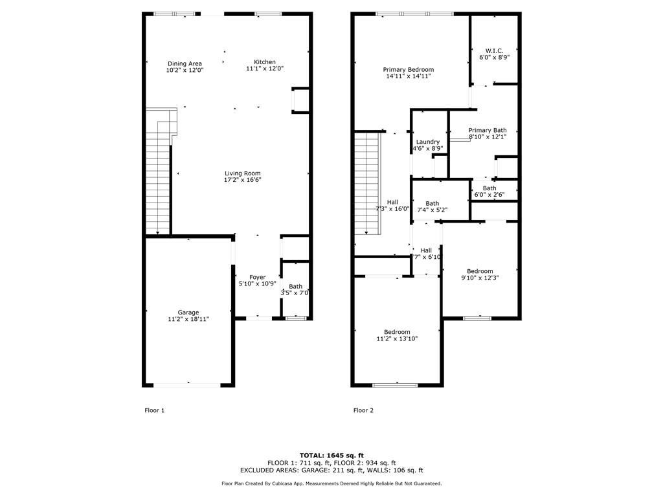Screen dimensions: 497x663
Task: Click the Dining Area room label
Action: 184,63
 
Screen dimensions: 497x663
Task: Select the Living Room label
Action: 243,173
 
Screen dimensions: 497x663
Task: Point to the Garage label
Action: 188,313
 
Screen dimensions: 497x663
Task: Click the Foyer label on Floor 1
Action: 257,277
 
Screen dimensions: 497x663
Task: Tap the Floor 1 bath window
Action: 296,317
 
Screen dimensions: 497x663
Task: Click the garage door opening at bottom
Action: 188,384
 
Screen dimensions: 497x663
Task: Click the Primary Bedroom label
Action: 408,69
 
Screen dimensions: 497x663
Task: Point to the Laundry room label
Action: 428,142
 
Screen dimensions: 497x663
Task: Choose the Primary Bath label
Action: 488,130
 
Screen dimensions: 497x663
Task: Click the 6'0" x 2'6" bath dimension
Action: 489,194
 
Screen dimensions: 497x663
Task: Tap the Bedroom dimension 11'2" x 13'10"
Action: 396,338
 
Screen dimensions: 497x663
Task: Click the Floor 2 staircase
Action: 366,184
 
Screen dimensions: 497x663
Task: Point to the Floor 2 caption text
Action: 363,410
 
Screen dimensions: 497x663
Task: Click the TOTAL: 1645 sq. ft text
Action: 331,455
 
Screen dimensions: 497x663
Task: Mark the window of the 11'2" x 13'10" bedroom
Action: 395,385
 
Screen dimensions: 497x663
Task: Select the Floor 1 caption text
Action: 154,410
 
